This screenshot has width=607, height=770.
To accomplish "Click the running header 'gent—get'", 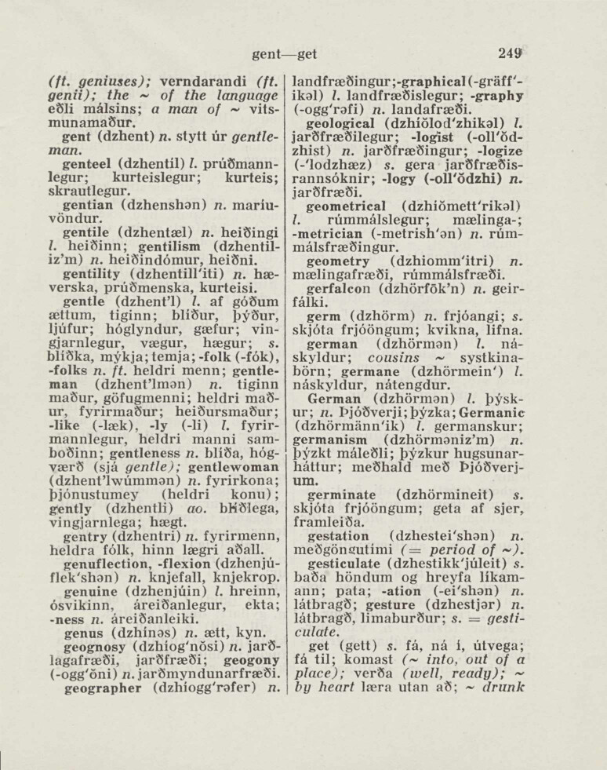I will click(x=285, y=54).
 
